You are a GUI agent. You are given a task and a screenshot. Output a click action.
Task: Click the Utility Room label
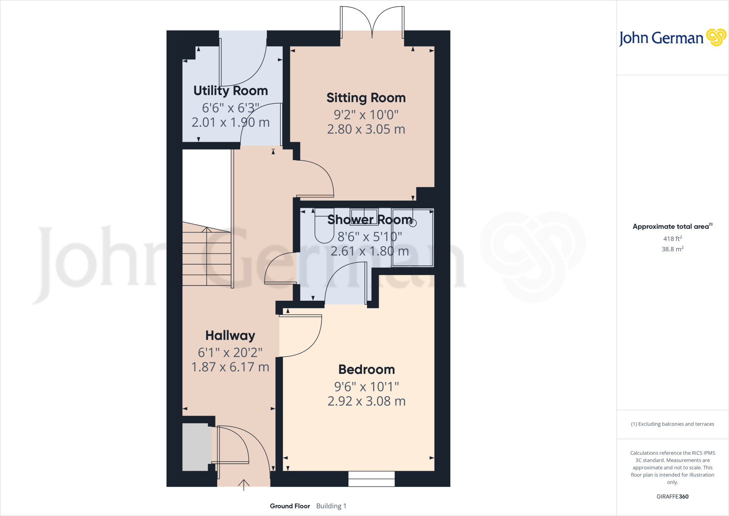[230, 91]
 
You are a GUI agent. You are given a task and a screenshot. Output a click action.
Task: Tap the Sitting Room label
[366, 98]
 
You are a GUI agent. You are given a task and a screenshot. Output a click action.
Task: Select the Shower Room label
[369, 220]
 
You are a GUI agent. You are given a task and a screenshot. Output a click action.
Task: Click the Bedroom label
[366, 370]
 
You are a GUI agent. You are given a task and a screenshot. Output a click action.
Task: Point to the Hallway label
[230, 335]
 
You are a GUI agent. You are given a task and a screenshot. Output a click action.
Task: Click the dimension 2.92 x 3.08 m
[366, 401]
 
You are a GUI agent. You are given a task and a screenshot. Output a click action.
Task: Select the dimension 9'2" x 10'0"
[366, 115]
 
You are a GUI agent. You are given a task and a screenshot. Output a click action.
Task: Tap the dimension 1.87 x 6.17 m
[230, 367]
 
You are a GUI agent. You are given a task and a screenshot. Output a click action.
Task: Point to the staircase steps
[206, 257]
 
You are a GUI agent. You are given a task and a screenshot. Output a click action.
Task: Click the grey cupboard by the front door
[195, 447]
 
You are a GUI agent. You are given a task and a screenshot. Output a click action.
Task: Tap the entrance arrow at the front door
[243, 484]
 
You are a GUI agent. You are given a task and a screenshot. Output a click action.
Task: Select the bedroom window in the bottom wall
[371, 479]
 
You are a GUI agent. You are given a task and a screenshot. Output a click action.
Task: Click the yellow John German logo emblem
[716, 37]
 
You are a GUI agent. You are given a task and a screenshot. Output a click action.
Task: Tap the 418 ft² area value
[672, 239]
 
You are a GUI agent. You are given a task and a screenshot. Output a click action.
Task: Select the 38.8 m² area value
[672, 249]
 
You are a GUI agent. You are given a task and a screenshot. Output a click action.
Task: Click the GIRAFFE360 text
[672, 496]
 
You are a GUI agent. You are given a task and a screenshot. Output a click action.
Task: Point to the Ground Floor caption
[290, 506]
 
